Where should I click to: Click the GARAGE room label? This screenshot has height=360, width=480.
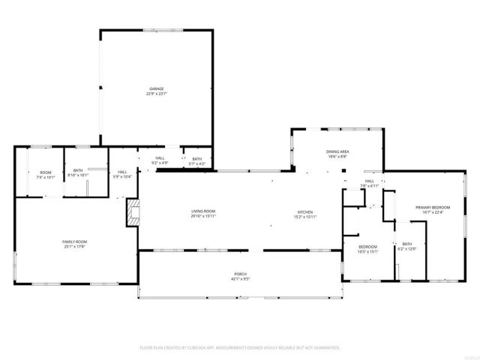155,88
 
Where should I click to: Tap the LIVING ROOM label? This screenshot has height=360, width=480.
203,211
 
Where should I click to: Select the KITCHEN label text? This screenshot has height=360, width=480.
305,211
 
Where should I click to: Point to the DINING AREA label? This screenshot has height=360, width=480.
337,151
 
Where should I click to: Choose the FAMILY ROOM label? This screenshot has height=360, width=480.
73,241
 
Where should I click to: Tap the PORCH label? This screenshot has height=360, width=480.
238,274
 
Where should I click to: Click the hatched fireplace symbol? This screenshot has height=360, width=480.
133,211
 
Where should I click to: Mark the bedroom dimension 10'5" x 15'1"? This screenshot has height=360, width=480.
367,251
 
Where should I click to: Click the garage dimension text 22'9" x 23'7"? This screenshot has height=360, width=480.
155,94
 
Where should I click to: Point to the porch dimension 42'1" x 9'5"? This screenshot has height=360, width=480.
238,279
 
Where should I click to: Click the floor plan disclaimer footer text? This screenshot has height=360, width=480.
240,348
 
